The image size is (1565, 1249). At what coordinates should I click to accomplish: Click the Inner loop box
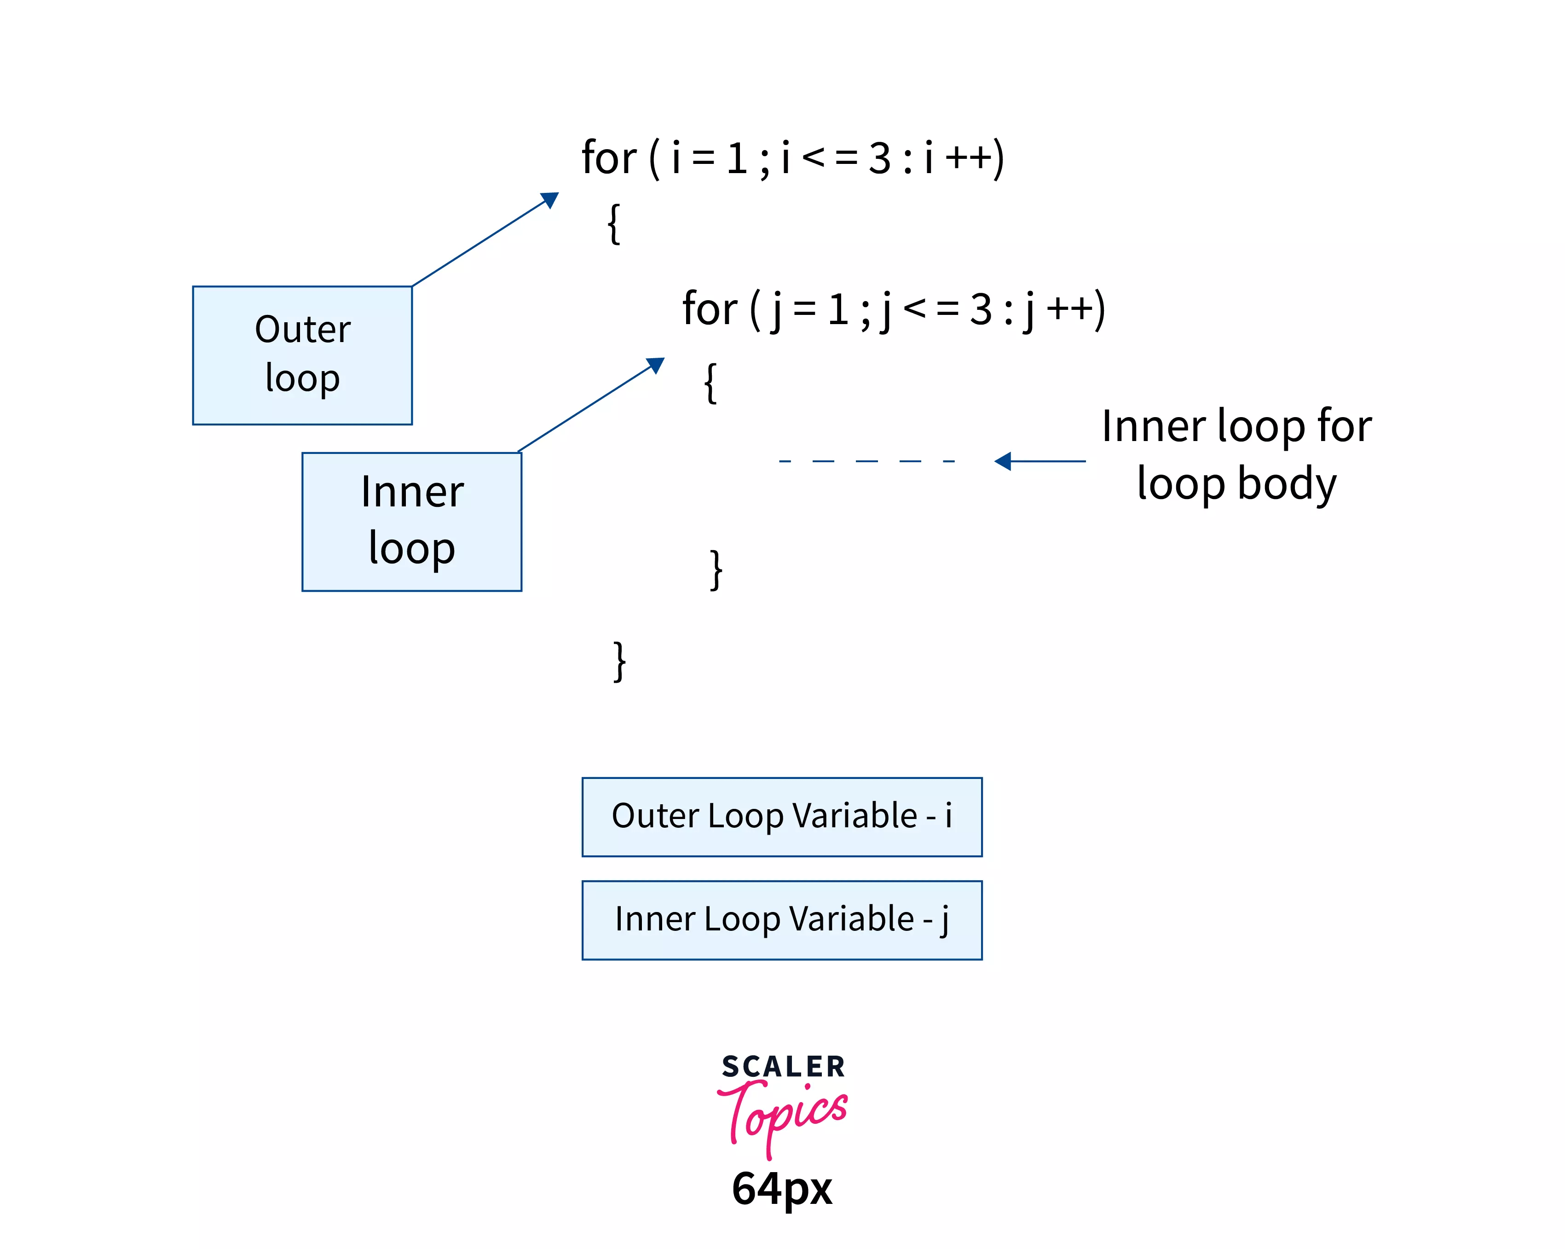pyautogui.click(x=411, y=522)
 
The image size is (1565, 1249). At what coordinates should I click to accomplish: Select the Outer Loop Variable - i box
pyautogui.click(x=782, y=817)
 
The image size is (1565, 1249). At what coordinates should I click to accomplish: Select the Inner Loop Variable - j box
pyautogui.click(x=782, y=920)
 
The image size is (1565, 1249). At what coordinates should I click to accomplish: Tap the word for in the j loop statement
pyautogui.click(x=709, y=308)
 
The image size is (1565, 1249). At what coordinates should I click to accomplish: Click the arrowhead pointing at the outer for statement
pyautogui.click(x=551, y=199)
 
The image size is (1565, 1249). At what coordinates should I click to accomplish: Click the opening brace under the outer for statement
pyautogui.click(x=613, y=224)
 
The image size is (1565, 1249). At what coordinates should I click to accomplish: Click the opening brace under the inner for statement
pyautogui.click(x=710, y=383)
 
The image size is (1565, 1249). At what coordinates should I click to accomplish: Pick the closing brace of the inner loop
pyautogui.click(x=716, y=570)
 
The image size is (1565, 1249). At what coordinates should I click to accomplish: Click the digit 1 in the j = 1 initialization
pyautogui.click(x=838, y=309)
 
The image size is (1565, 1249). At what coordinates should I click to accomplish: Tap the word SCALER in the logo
pyautogui.click(x=783, y=1067)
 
